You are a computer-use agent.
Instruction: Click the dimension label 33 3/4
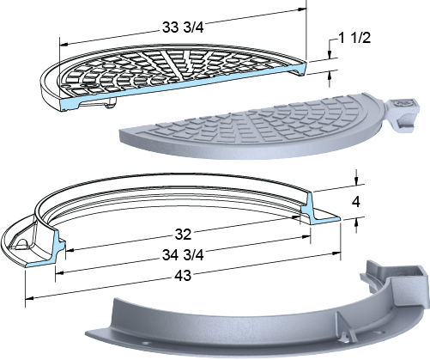[183, 27]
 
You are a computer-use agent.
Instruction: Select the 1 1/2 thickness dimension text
[354, 38]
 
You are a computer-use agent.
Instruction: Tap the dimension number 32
[183, 235]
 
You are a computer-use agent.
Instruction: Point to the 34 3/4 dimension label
[183, 255]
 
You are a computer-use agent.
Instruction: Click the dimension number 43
[183, 276]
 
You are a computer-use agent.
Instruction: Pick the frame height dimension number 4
[356, 202]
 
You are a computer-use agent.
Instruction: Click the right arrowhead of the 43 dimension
[336, 253]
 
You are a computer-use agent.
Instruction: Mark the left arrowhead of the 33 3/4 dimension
[64, 45]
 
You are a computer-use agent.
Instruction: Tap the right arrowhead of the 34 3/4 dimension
[306, 237]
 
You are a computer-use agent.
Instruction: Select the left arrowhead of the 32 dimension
[70, 250]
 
